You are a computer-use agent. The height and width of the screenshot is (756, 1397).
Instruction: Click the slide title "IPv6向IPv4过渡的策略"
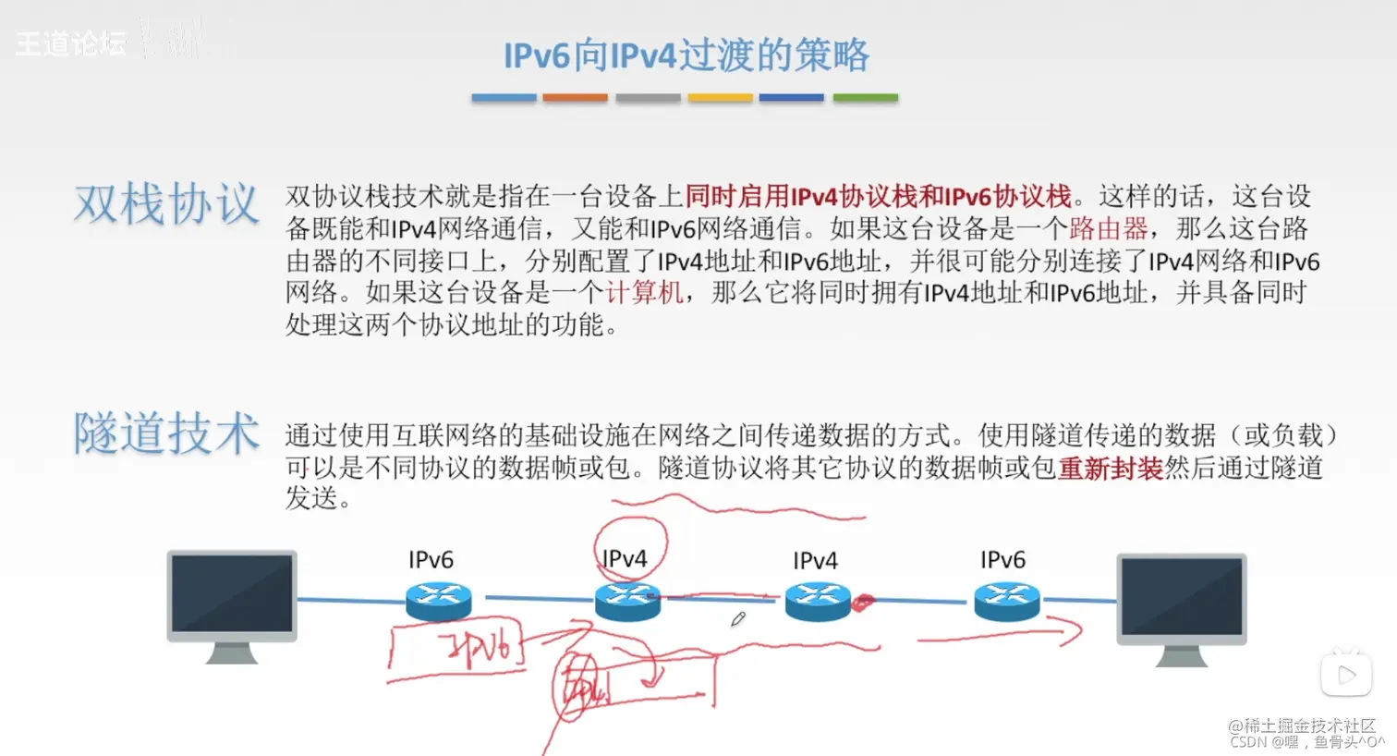coord(686,55)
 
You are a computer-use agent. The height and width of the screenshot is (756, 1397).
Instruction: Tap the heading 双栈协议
coord(166,203)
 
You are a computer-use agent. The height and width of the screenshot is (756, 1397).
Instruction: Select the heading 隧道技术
coord(166,433)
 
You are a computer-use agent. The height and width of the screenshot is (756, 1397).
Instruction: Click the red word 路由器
coord(1108,228)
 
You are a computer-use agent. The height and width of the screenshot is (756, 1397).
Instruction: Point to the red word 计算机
coord(645,293)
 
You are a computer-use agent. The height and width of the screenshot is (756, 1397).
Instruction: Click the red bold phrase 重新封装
coord(1110,468)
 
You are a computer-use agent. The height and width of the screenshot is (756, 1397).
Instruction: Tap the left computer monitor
coord(232,596)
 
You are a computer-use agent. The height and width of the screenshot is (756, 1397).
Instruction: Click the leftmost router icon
coord(438,601)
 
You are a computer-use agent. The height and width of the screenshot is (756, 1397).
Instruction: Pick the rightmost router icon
coord(1007,601)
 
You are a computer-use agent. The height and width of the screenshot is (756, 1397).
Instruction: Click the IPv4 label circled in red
coord(625,559)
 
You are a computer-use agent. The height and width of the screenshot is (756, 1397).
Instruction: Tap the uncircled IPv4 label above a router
coord(815,561)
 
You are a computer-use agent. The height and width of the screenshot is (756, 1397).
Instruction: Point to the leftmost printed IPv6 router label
coord(431,560)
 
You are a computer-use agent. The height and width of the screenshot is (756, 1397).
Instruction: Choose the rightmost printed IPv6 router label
coord(1002,560)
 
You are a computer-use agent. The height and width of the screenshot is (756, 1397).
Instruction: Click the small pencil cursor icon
coord(737,619)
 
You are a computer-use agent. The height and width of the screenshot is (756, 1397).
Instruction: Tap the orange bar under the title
coord(575,97)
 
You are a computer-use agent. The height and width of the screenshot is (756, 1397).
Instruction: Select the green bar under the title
coord(865,97)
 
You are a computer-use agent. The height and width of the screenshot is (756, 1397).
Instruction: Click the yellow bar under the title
coord(720,97)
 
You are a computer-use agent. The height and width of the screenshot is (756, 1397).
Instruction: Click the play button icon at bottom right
coord(1345,676)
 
